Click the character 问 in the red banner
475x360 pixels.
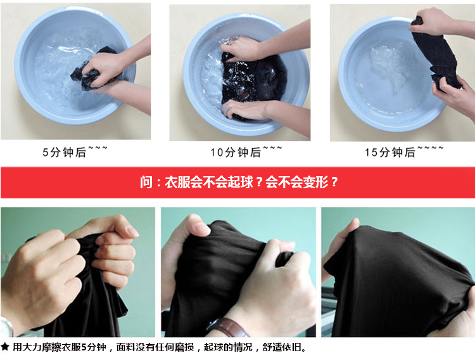[146, 183]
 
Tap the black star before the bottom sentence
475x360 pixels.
[5, 347]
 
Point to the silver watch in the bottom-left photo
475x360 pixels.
[7, 327]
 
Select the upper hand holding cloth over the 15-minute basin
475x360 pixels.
[431, 21]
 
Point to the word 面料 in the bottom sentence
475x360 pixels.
[126, 347]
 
